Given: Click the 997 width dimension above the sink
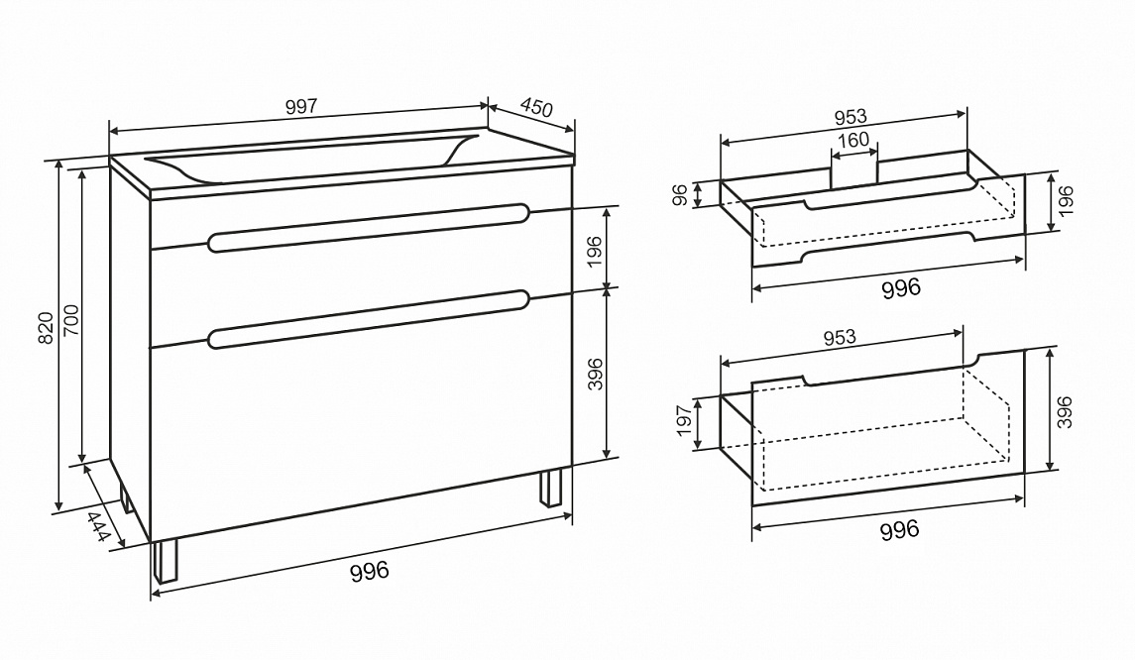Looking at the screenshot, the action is point(301,106).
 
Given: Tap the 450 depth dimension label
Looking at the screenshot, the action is point(536,107).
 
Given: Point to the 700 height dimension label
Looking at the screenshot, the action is point(71,319).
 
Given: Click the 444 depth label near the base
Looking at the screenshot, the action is point(98,526).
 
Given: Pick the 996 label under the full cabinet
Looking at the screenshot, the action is point(369,571).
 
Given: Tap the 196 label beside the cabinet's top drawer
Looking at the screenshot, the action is point(595,251).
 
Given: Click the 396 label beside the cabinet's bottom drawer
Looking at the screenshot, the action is point(595,374).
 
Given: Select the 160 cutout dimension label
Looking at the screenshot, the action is point(853,140).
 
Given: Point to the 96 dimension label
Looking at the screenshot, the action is point(680,194).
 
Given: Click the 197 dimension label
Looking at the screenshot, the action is point(685,420).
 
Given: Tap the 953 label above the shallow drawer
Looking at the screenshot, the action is point(850,117).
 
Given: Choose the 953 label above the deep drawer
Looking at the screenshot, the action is point(840,337).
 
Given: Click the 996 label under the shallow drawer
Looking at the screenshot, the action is point(901,288).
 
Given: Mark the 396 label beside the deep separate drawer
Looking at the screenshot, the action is point(1064,412).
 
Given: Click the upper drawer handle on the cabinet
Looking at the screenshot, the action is point(369,227).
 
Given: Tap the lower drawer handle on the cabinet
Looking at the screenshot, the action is point(369,318).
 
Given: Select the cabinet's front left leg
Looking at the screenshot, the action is point(165,561).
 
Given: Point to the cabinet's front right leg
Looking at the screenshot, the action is point(550,489).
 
